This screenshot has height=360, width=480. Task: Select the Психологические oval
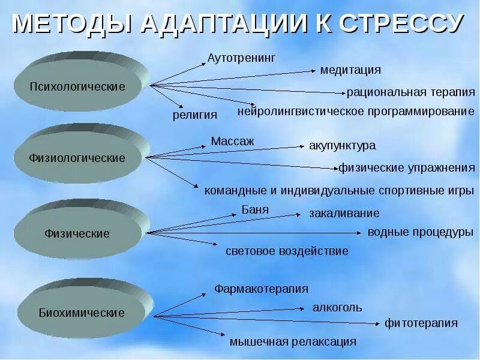click(78, 86)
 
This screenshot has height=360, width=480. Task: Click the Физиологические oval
click(77, 158)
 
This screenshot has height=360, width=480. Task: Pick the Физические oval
click(77, 233)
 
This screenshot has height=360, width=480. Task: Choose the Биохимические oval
click(82, 313)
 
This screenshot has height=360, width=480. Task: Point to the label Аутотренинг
click(241, 58)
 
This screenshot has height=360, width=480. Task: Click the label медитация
click(350, 70)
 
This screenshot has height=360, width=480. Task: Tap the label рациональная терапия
click(411, 92)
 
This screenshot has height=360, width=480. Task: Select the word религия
click(195, 115)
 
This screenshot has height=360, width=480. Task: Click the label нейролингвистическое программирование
click(356, 112)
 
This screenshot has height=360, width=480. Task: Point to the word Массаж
click(233, 142)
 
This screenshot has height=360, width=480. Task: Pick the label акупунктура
click(342, 146)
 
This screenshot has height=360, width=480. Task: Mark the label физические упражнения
click(406, 168)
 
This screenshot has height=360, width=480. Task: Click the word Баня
click(255, 209)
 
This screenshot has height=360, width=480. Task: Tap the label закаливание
click(344, 213)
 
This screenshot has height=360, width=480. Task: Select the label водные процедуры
click(420, 232)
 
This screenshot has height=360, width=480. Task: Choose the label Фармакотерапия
click(262, 289)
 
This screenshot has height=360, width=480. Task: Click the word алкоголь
click(337, 308)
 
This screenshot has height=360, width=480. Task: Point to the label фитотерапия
click(421, 323)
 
